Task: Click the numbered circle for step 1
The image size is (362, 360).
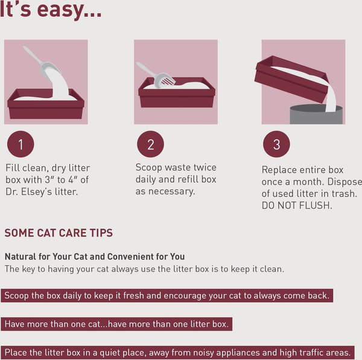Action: [x=21, y=145]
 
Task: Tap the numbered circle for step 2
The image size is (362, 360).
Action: [x=150, y=145]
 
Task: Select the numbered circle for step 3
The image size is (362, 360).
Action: [x=277, y=145]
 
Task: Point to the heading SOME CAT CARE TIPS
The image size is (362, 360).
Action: [x=59, y=233]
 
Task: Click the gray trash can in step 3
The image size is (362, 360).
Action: [x=316, y=115]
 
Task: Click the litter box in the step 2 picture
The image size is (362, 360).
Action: [x=176, y=95]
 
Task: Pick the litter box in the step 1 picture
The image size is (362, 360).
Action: [x=45, y=106]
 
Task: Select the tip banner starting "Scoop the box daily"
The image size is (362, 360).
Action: [x=167, y=295]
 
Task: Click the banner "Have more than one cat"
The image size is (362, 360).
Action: [x=116, y=324]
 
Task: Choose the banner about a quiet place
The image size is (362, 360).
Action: [x=177, y=352]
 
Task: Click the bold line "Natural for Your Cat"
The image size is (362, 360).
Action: [x=95, y=256]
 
